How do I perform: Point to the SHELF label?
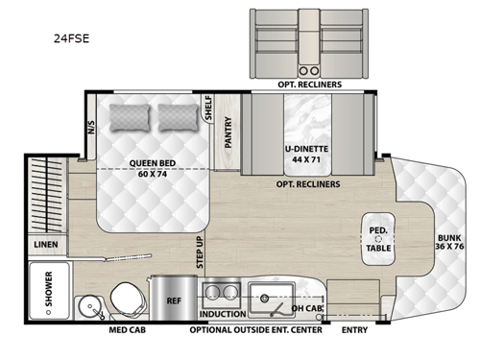tap(208, 110)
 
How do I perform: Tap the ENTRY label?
tap(355, 331)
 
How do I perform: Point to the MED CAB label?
tap(127, 331)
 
